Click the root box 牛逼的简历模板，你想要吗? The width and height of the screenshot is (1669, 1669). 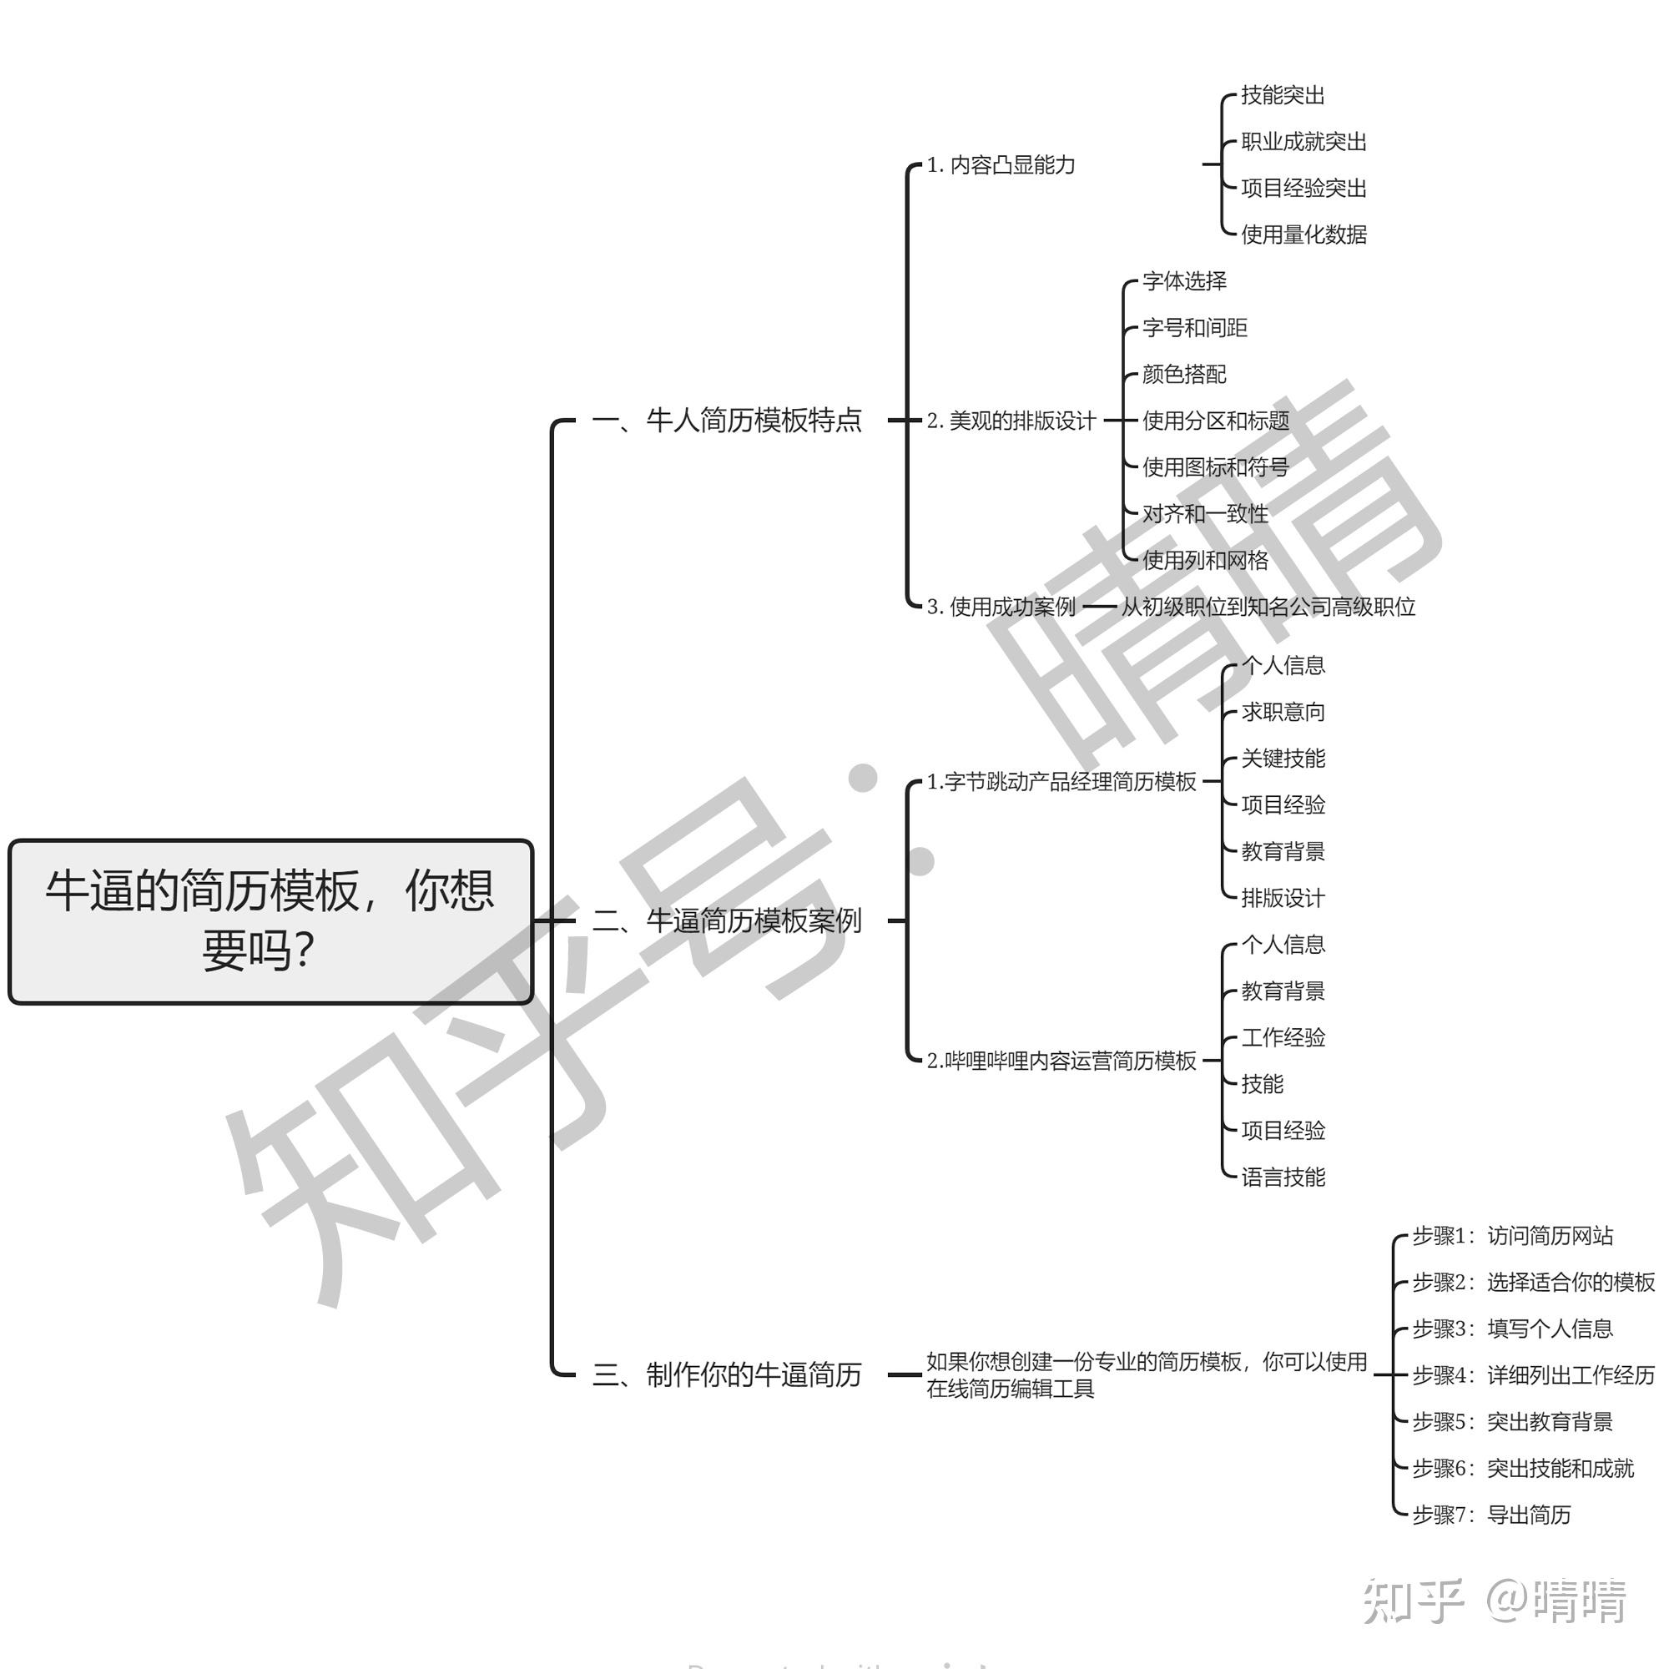(x=270, y=921)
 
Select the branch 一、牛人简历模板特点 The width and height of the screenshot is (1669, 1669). (x=727, y=421)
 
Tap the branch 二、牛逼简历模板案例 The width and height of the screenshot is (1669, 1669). (x=727, y=921)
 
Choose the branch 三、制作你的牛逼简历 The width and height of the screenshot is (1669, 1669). (x=727, y=1374)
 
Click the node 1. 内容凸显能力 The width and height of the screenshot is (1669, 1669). (x=1001, y=165)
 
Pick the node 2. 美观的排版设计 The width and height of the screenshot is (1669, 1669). (x=1011, y=421)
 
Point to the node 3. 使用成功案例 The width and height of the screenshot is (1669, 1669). (x=1001, y=607)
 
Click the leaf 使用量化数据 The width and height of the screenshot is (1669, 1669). (x=1303, y=234)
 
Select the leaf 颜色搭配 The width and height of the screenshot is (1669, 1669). (x=1184, y=374)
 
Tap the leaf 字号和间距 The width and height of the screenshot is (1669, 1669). (x=1195, y=327)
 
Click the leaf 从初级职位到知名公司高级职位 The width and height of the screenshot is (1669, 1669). (x=1268, y=607)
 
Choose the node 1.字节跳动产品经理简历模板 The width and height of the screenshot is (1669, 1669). (x=1061, y=782)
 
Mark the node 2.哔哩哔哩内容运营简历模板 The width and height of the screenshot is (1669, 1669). (x=1061, y=1060)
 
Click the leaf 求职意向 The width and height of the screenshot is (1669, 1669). (x=1283, y=712)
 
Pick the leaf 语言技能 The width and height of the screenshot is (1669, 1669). (x=1283, y=1177)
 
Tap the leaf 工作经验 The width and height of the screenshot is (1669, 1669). (x=1283, y=1036)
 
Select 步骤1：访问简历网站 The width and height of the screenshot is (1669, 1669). (x=1513, y=1235)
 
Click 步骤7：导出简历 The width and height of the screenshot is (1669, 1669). (x=1491, y=1515)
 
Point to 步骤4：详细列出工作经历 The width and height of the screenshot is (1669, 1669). (x=1533, y=1374)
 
